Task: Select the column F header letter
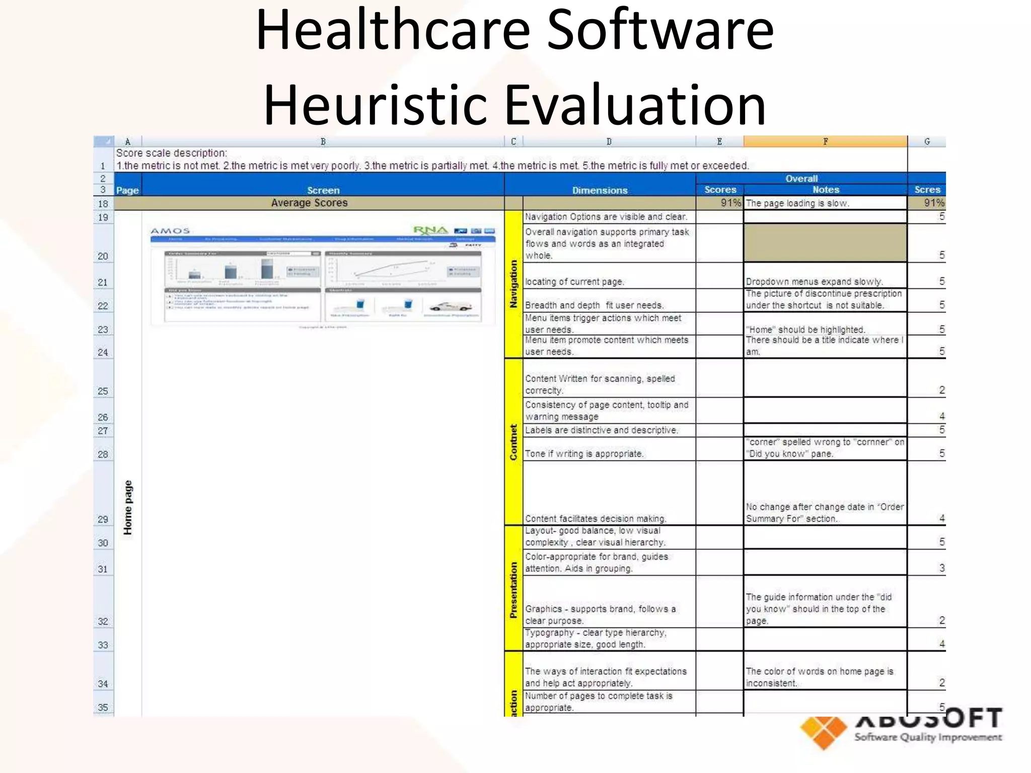(825, 141)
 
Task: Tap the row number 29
(103, 519)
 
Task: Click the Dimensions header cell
(600, 190)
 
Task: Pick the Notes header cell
(826, 190)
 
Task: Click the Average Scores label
(309, 203)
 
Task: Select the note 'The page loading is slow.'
(797, 203)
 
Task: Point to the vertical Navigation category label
(513, 284)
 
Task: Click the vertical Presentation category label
(513, 590)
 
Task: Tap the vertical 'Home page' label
(128, 507)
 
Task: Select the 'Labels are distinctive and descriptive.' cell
(602, 430)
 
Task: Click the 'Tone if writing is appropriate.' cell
(584, 454)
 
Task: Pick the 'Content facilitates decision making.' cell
(596, 519)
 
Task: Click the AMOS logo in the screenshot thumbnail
(170, 231)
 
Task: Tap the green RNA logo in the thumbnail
(430, 230)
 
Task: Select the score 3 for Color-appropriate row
(941, 568)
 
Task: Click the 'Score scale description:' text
(172, 153)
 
